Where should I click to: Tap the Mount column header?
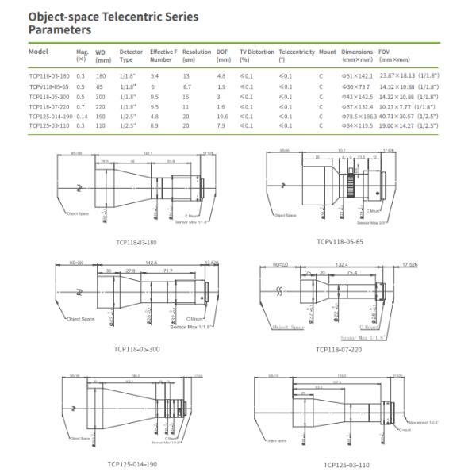click(327, 52)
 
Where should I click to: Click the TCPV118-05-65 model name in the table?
click(48, 85)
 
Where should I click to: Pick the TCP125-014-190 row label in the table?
click(50, 116)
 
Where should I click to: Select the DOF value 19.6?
click(221, 116)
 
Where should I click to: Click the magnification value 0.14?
click(81, 116)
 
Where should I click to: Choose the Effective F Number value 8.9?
click(155, 125)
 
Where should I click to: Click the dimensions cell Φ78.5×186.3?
click(358, 116)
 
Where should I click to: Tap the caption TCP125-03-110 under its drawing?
click(347, 465)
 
